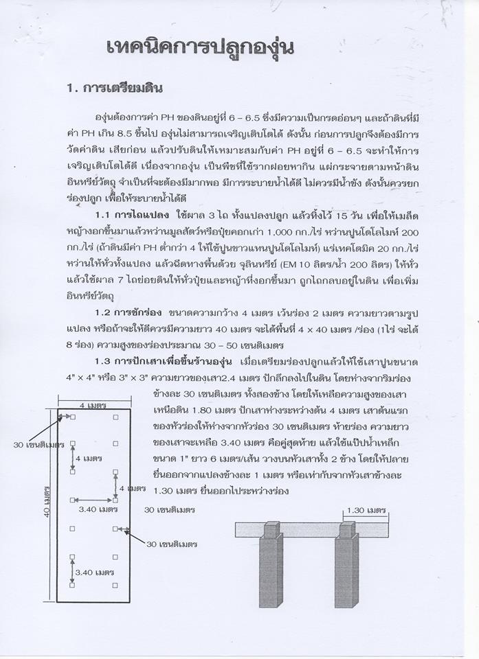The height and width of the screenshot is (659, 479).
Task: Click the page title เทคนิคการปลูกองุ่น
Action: coord(201,47)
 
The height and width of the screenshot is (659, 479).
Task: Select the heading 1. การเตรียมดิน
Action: coord(113,89)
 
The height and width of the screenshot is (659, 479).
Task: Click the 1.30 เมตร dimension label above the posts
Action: coord(366,510)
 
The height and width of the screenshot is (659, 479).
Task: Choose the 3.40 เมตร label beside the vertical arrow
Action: coord(93,572)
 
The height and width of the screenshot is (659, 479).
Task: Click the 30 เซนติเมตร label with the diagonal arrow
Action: coord(172,544)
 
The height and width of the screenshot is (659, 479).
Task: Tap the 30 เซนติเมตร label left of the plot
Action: coord(38,444)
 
